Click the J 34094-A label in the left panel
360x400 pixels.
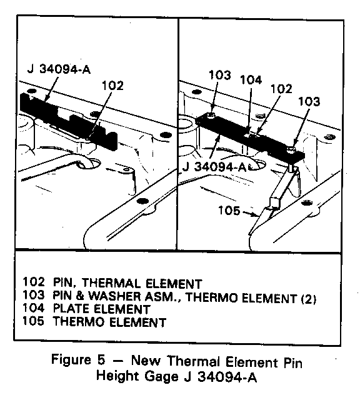pyautogui.click(x=59, y=69)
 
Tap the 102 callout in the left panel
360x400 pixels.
pyautogui.click(x=112, y=86)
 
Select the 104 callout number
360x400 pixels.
pyautogui.click(x=251, y=80)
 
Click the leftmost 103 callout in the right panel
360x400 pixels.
pyautogui.click(x=219, y=75)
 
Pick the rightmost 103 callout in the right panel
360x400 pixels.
pyautogui.click(x=309, y=101)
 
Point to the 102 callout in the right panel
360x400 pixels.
pyautogui.click(x=281, y=89)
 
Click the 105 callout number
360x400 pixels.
pyautogui.click(x=229, y=211)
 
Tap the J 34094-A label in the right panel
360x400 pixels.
pyautogui.click(x=214, y=167)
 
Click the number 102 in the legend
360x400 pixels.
pyautogui.click(x=33, y=282)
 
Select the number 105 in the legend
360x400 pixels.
pyautogui.click(x=33, y=321)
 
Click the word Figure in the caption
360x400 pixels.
pyautogui.click(x=71, y=360)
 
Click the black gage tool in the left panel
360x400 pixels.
pyautogui.click(x=69, y=121)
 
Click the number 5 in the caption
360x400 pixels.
pyautogui.click(x=101, y=360)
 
